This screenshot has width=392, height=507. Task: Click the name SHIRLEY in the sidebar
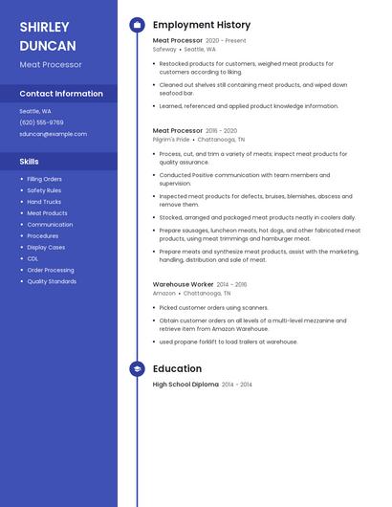coord(44,27)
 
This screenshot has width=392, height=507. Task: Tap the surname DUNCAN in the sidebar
coord(48,45)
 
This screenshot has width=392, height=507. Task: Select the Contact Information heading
coord(61,94)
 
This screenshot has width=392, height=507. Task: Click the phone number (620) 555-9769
coord(41,122)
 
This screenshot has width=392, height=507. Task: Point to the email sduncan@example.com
coord(53,134)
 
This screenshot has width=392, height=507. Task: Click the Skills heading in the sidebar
coord(30,162)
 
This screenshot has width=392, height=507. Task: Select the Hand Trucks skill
coord(44,202)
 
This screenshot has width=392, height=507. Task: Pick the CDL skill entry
coord(33,258)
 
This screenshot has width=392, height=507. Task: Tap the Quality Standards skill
coord(52,281)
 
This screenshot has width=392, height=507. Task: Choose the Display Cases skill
coord(46,247)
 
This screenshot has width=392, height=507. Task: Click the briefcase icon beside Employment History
coord(137,25)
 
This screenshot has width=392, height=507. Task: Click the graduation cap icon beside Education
coord(137,368)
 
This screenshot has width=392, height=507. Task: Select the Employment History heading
coord(202,25)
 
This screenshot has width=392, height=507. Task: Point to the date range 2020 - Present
coord(226,41)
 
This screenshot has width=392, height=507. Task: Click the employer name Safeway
coord(164,49)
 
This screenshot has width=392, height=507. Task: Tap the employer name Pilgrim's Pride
coord(171,139)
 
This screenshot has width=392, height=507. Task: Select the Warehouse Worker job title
coord(183,284)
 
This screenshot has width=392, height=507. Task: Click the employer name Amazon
coord(163,294)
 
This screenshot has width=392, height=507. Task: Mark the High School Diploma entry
coord(185,385)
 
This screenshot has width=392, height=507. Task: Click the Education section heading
coord(177,368)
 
